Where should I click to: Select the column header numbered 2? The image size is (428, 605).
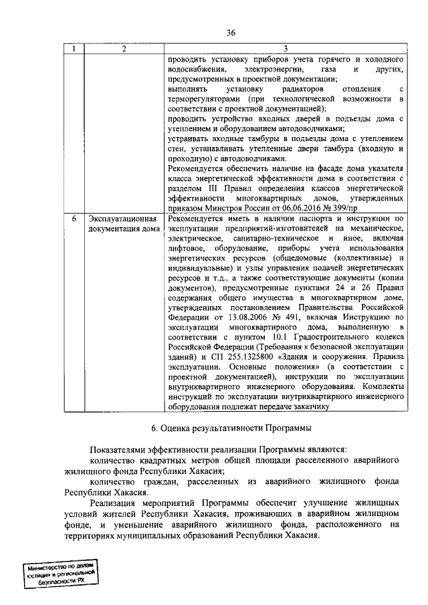(x=124, y=49)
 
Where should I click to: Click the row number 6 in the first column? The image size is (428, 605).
(x=74, y=219)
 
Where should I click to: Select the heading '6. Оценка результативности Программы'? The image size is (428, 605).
(x=231, y=427)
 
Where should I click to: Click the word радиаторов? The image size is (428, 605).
(x=284, y=89)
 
